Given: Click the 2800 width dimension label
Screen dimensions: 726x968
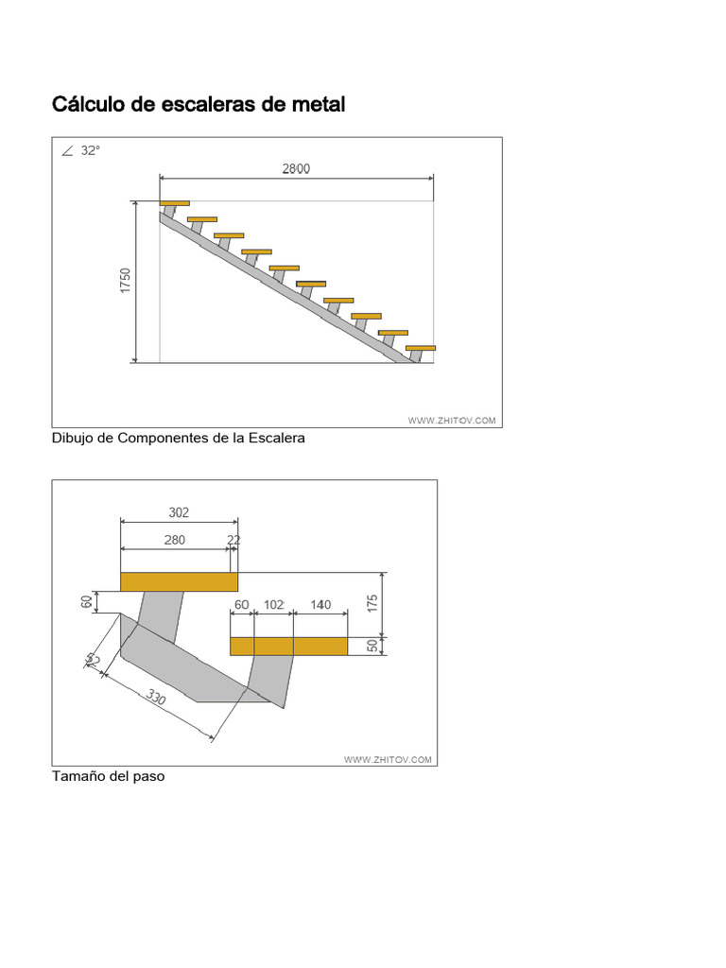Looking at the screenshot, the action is [296, 168].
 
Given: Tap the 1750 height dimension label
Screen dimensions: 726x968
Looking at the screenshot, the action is [126, 280].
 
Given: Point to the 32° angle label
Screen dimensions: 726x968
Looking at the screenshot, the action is [90, 150].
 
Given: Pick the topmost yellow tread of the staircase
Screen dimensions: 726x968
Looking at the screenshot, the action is [175, 203].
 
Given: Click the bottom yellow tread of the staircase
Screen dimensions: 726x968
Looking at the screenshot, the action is [421, 348].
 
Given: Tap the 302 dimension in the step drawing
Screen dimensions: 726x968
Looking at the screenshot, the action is [179, 512].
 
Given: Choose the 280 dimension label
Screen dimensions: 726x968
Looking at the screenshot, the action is [175, 540].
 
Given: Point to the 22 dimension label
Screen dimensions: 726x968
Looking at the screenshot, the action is [233, 540].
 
